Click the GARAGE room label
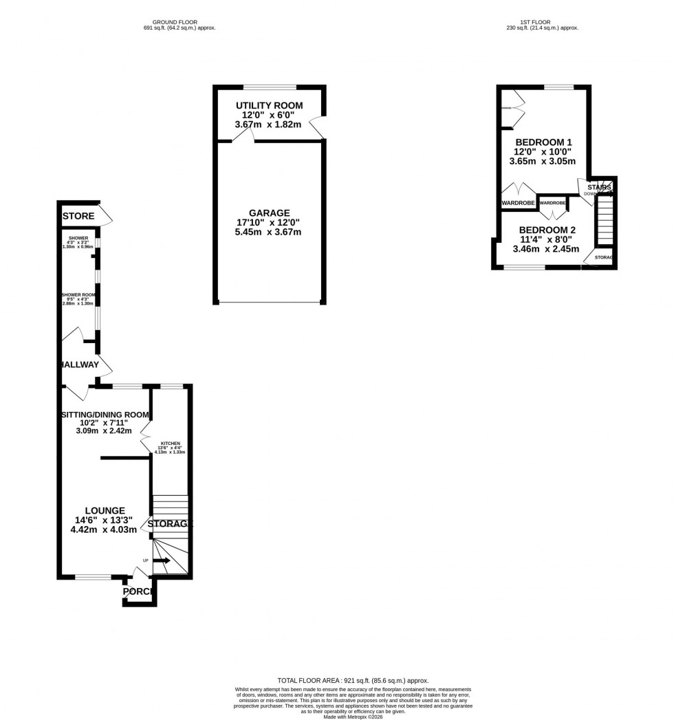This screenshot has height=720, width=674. click(x=269, y=213)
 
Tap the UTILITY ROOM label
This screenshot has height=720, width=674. click(x=269, y=105)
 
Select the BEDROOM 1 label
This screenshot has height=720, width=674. click(x=544, y=142)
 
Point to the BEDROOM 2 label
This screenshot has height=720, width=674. click(x=547, y=230)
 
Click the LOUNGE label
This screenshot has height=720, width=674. click(x=105, y=510)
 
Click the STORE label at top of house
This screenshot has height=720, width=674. click(x=78, y=217)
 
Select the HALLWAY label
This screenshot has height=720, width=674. click(x=80, y=364)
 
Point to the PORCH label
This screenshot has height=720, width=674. click(x=138, y=592)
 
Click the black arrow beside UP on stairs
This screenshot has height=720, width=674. click(x=162, y=560)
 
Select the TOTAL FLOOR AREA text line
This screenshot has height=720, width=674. click(x=353, y=679)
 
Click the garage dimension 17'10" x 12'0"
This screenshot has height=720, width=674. click(x=269, y=223)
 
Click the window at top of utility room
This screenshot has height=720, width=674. click(x=270, y=87)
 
